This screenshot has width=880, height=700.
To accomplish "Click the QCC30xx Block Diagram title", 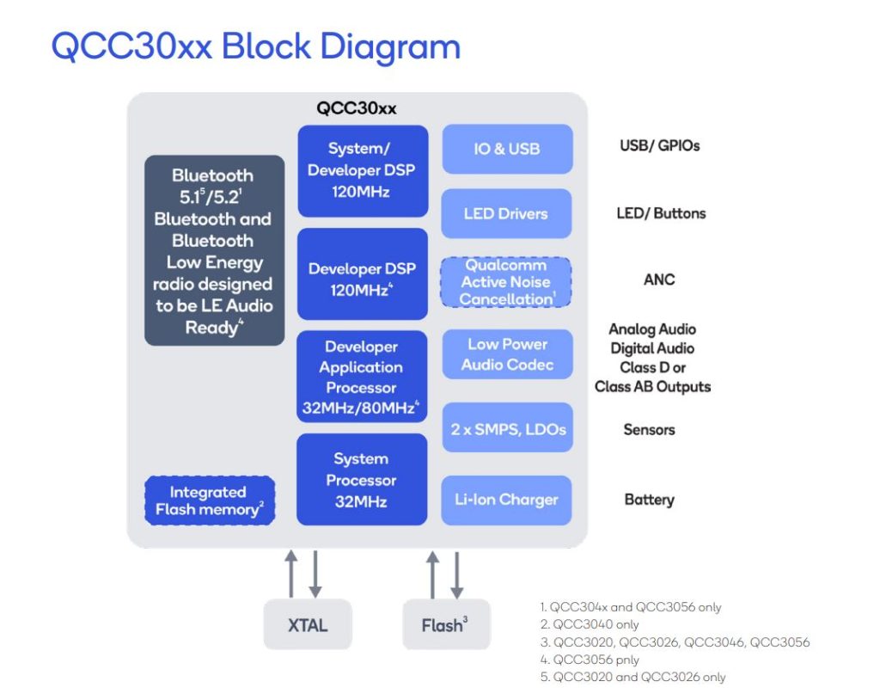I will coord(255,46).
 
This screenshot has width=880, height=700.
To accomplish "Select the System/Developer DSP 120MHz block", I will coord(362,170).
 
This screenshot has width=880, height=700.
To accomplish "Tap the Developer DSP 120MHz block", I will coord(362,273).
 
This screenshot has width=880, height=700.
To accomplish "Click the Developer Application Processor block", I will coord(362,377).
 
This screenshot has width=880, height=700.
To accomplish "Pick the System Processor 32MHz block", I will coord(362,480).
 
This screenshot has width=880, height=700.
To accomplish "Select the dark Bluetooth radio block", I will coord(214,250).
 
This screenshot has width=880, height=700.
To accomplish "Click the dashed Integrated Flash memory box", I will coord(209,500).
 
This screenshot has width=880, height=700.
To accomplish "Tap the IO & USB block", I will coord(506,149).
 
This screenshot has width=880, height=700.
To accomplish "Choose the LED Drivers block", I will coord(506,213).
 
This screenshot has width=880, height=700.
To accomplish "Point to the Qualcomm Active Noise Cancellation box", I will coord(506,282).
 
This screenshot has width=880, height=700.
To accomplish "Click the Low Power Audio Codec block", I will coord(506,354).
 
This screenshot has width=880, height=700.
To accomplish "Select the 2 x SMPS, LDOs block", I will coord(506,427).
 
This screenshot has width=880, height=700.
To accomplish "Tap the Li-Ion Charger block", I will coord(506,500).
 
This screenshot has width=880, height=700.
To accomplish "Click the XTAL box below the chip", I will coord(307,625).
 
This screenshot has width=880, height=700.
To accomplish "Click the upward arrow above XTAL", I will coord(291,574).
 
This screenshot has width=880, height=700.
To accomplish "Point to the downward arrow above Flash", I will coord(456,574).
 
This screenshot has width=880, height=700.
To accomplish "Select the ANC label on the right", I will coord(659,279).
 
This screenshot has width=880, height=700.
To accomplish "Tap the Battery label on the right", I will coord(649,500).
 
